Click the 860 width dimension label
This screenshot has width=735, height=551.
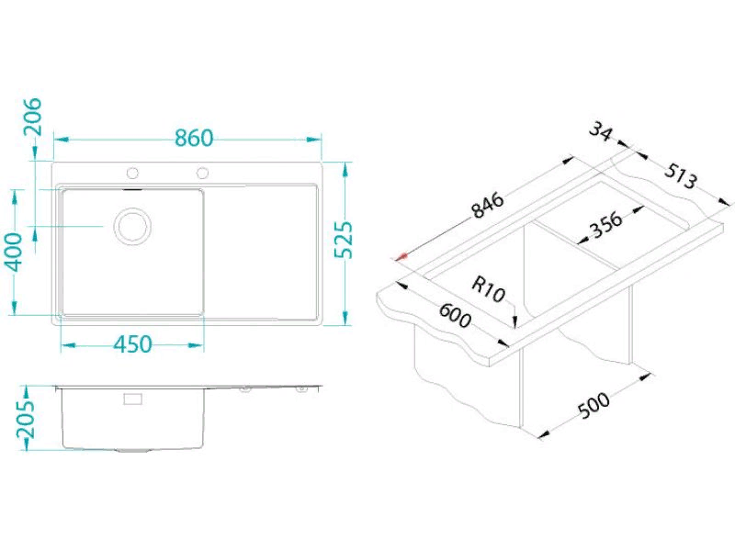click(194, 138)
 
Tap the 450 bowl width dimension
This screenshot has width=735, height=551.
click(132, 344)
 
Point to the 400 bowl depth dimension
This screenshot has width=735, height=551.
click(16, 252)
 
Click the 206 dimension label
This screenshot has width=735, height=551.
click(32, 117)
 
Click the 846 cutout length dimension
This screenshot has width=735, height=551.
click(488, 205)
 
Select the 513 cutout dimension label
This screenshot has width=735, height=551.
click(681, 175)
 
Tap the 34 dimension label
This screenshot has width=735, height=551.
click(601, 130)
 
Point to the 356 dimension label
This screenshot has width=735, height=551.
click(605, 225)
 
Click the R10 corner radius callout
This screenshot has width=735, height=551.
click(488, 289)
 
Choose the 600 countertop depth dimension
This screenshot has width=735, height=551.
click(454, 315)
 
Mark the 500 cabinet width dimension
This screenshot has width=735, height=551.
click(594, 405)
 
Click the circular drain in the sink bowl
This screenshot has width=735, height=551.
click(133, 226)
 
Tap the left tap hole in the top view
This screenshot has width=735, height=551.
click(132, 173)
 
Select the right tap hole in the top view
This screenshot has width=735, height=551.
click(202, 173)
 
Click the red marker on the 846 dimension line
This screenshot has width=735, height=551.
click(401, 256)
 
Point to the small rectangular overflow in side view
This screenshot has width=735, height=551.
click(132, 399)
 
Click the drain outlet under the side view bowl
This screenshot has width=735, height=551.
click(133, 451)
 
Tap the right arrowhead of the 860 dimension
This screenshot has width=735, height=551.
click(314, 140)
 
